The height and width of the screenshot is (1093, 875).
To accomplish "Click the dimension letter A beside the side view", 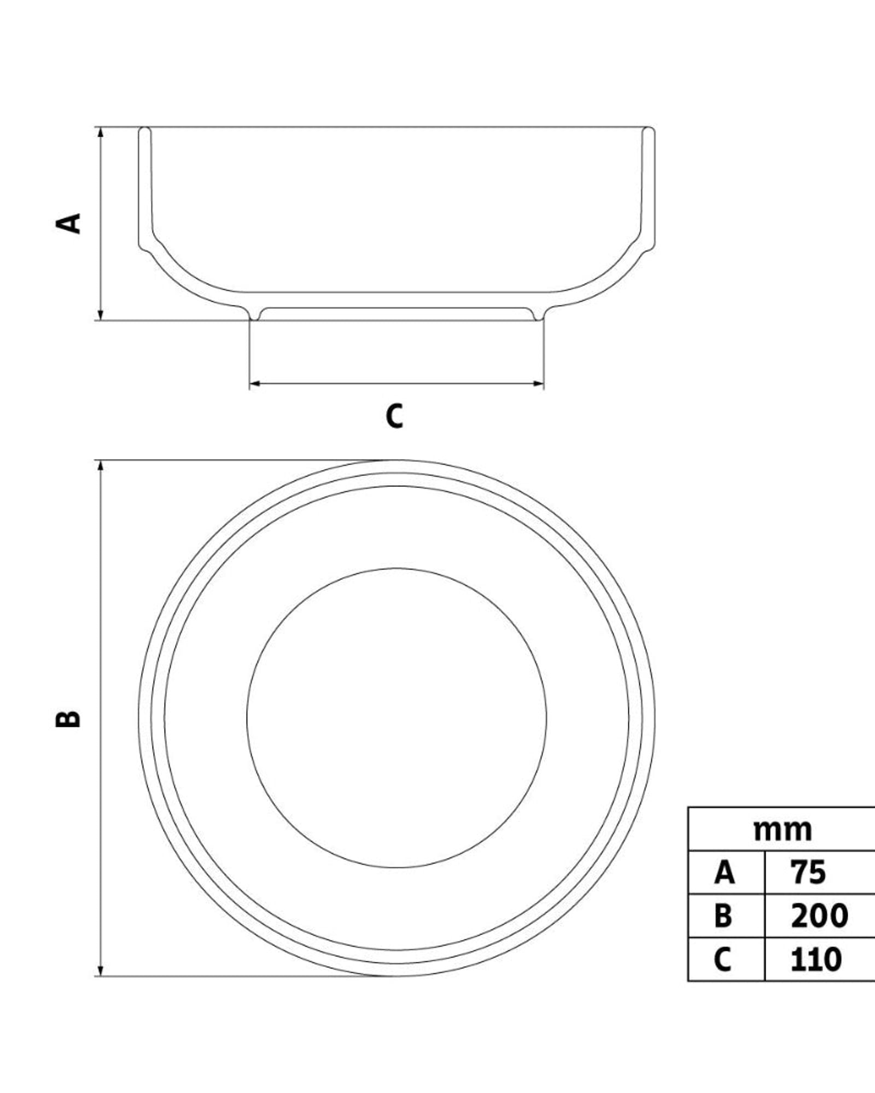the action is coord(69,224).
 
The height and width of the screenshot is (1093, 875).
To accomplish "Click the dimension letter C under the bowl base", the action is coord(394,416).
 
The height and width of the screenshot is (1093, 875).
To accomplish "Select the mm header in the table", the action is coord(783,831).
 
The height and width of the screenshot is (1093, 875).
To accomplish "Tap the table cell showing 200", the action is coord(819,916).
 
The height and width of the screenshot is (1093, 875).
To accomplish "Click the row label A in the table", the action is coord(724,873).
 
